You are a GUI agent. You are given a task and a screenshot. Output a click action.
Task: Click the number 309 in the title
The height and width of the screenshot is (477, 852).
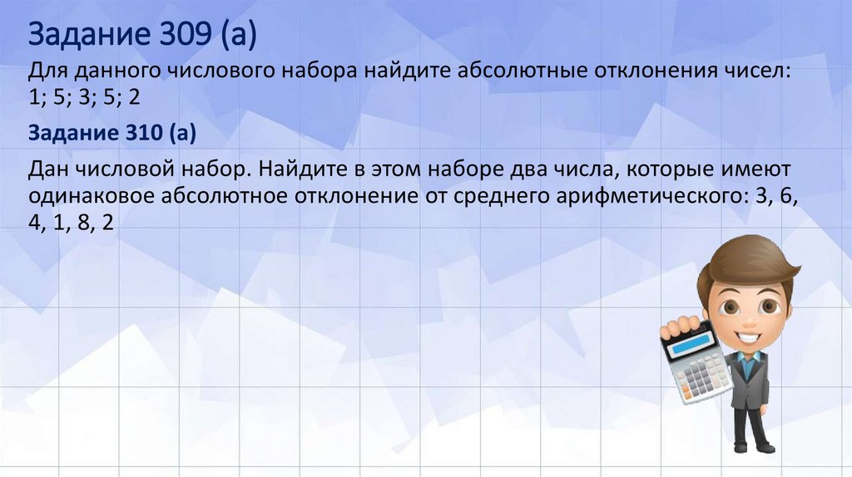pyautogui.click(x=171, y=36)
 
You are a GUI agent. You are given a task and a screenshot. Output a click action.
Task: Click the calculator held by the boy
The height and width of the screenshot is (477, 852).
pyautogui.click(x=695, y=361)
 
